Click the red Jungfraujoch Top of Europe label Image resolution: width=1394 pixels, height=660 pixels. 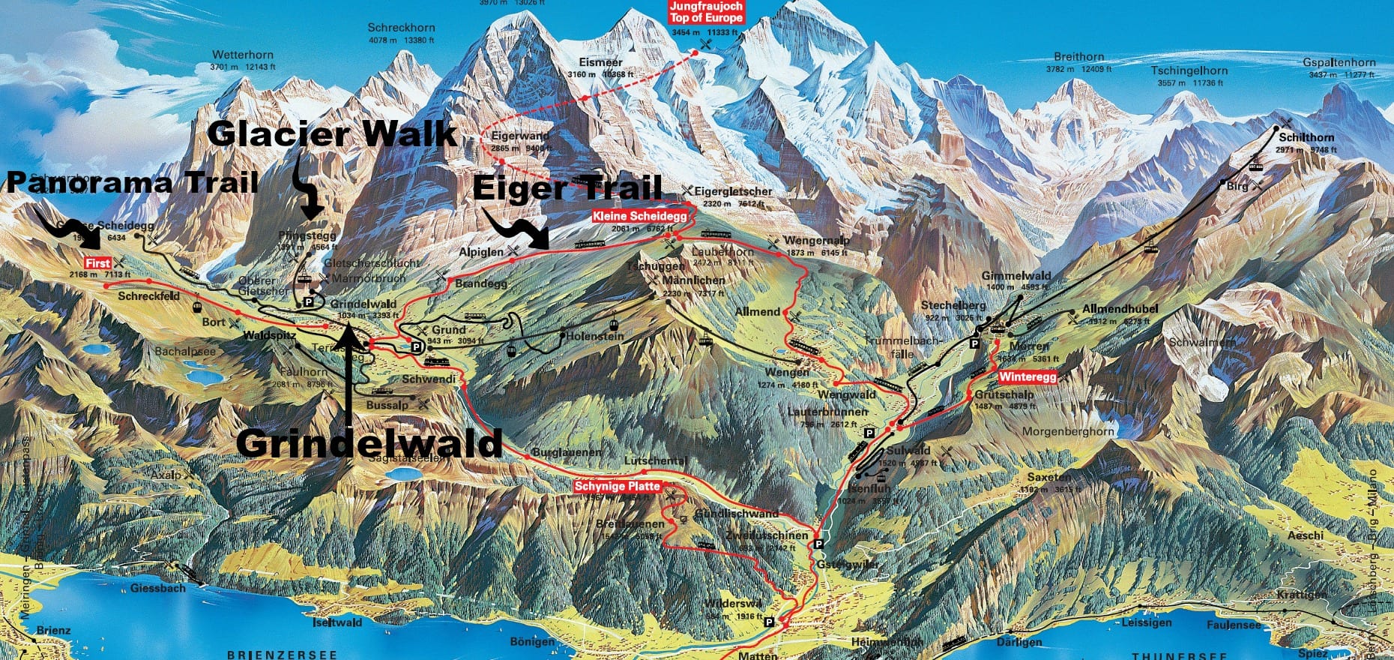pos(705,12)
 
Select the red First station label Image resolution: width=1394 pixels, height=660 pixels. pos(98,263)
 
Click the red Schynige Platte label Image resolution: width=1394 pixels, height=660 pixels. pos(618,486)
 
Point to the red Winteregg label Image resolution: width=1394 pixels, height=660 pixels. pos(1028,376)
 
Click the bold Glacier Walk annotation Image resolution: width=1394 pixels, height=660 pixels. pos(332,134)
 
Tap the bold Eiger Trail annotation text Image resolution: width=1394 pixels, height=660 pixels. pos(567,187)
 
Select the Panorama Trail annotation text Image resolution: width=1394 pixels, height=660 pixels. pos(133,182)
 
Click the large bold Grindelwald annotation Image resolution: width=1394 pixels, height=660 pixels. pos(369,444)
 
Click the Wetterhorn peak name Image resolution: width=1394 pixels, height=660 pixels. pos(243,55)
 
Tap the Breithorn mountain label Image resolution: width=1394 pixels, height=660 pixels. pos(1078,57)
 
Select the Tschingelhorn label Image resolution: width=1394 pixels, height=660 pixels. pos(1189,71)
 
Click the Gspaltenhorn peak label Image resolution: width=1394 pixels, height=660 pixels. pos(1339,63)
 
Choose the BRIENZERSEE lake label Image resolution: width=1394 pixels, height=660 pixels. pos(282,654)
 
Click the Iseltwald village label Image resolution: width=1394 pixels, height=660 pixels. pos(337,622)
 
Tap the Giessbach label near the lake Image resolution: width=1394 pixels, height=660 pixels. pos(157,588)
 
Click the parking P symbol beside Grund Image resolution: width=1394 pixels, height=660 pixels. pos(416,347)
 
